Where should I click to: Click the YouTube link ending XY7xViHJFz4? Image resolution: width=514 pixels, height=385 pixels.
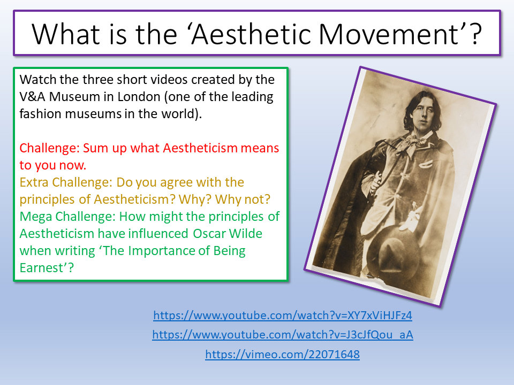click(283, 315)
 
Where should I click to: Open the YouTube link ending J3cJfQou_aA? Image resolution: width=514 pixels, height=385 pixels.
click(283, 335)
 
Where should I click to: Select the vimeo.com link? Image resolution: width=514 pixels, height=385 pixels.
click(283, 354)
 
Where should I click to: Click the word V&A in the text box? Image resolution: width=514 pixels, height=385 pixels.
click(32, 97)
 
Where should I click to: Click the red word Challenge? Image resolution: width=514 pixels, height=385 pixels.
click(49, 148)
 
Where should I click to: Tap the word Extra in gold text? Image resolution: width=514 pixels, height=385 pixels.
click(34, 182)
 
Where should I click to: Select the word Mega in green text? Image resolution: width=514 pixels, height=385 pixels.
click(35, 217)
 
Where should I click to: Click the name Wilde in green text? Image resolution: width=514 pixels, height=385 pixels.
click(246, 234)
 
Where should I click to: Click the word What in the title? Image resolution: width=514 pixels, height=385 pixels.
click(65, 34)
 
